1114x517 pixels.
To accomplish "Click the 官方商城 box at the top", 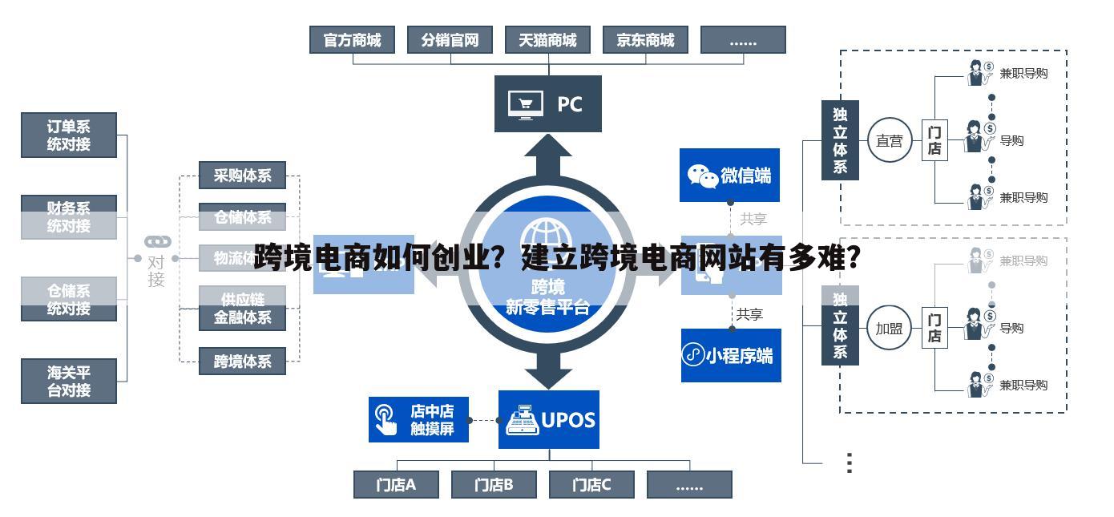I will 352,40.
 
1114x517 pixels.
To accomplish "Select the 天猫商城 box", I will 547,40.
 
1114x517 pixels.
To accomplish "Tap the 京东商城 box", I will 645,40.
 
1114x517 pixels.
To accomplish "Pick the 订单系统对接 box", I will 69,135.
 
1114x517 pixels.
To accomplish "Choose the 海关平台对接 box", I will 69,381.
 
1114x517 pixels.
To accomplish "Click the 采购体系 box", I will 242,175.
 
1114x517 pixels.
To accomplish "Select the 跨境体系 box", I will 242,361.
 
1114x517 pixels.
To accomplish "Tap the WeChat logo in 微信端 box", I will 703,176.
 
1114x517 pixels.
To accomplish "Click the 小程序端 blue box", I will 730,354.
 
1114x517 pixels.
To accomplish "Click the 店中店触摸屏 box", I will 418,419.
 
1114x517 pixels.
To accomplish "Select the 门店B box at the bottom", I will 493,484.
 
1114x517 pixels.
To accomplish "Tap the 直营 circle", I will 889,141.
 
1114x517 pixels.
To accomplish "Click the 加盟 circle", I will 889,329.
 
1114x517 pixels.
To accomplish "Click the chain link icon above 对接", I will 157,241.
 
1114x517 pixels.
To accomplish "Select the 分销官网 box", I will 450,40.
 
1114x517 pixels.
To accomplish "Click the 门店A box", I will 396,484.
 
